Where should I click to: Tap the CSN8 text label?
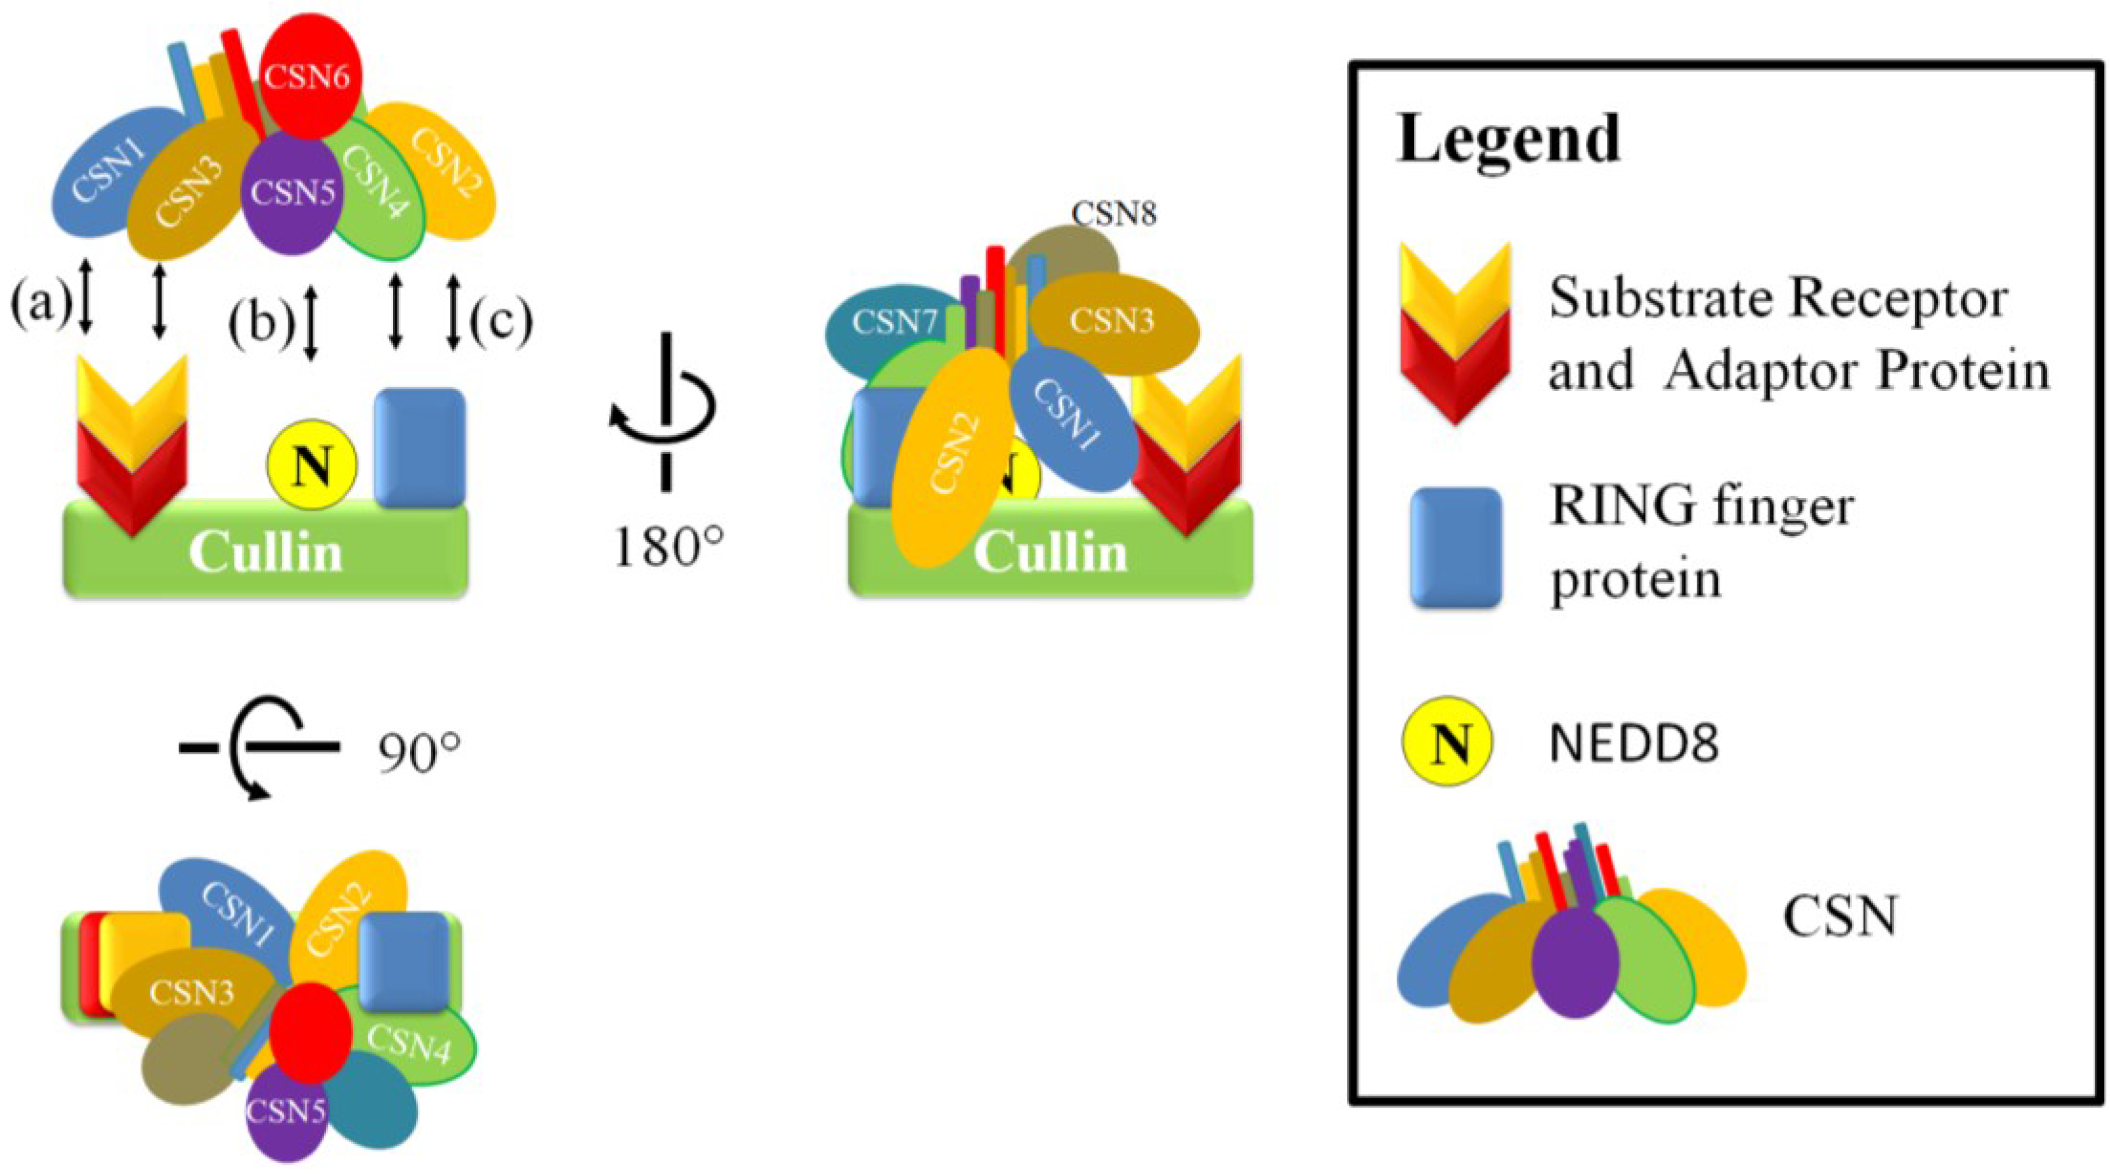click(x=1114, y=214)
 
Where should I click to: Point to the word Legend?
click(x=1508, y=139)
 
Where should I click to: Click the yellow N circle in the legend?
click(x=1448, y=742)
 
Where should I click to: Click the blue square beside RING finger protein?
click(x=1455, y=548)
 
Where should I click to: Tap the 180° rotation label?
click(x=667, y=547)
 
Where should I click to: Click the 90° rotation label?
click(x=418, y=753)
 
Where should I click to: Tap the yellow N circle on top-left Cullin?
click(x=312, y=465)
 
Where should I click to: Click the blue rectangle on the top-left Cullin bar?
click(x=419, y=447)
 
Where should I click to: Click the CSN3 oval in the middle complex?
click(x=1114, y=321)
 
